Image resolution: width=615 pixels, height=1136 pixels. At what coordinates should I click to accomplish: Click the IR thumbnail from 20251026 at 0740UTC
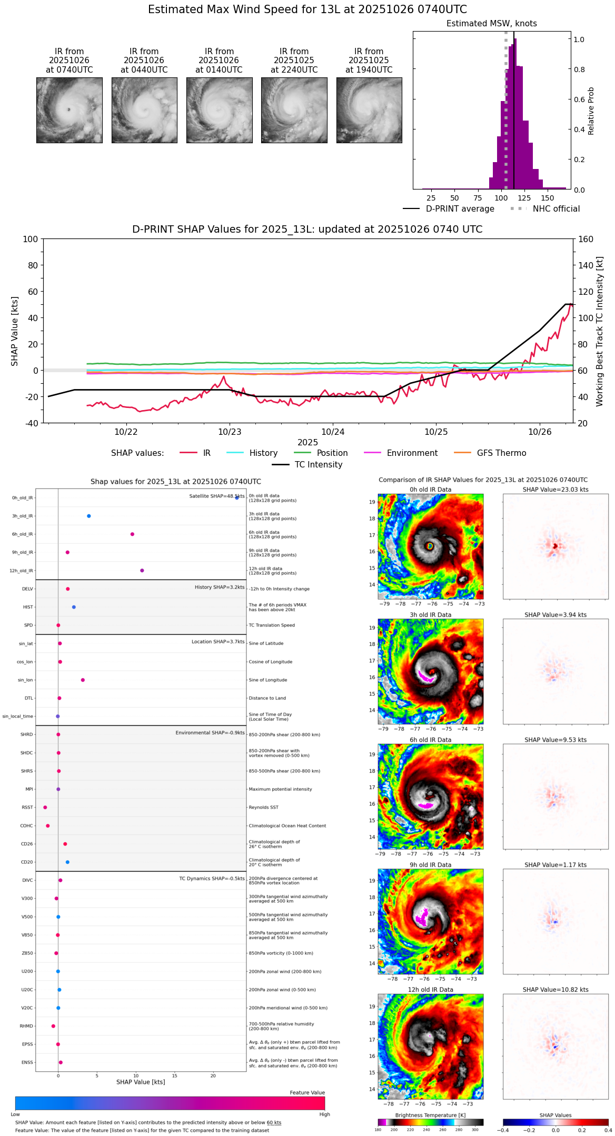tap(69, 110)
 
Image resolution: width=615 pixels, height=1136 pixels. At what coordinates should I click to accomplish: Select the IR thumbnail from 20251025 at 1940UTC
tap(369, 110)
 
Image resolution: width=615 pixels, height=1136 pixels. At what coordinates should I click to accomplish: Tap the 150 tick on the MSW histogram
tap(548, 198)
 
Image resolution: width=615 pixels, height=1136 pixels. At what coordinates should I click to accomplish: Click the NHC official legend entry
tap(556, 209)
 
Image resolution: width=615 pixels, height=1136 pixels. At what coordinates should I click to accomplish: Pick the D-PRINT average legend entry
tap(460, 209)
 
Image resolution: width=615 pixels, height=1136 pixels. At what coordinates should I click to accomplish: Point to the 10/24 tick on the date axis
tap(333, 432)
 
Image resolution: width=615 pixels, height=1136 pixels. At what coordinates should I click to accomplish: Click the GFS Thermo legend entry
tap(501, 453)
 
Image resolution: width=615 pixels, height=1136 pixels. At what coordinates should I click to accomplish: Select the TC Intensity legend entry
tap(318, 465)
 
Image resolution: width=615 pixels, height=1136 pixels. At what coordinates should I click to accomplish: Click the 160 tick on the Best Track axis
tap(586, 239)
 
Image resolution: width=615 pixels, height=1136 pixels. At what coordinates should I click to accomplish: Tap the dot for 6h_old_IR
tap(132, 534)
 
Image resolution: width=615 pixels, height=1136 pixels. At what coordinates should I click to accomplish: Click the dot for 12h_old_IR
tap(142, 571)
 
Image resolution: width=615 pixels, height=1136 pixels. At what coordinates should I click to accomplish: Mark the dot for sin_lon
tap(83, 680)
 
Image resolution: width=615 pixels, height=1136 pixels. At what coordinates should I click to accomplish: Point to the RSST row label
tap(27, 808)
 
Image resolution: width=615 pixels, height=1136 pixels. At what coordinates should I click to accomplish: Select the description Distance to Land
tap(267, 699)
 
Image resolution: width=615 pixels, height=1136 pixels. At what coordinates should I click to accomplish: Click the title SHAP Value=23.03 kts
tap(556, 490)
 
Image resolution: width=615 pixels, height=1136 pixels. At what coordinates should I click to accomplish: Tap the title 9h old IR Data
tap(430, 865)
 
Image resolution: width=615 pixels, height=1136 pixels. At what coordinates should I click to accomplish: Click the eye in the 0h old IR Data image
tap(430, 546)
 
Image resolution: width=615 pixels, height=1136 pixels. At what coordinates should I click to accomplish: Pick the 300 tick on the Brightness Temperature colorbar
tap(475, 1130)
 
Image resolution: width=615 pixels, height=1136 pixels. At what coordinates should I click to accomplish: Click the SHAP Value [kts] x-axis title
tap(141, 1082)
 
